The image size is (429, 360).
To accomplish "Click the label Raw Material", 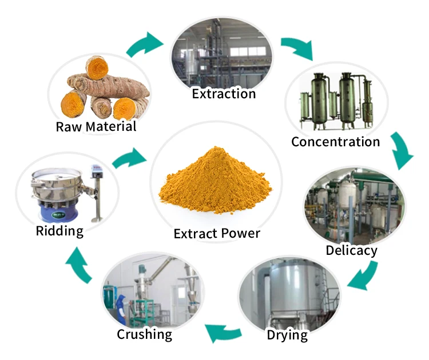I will (96, 126).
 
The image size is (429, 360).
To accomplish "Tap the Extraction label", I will (224, 93).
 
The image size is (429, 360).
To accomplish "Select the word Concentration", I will (335, 141).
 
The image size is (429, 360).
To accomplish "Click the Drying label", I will (287, 334).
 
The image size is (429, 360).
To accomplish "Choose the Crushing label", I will (144, 334).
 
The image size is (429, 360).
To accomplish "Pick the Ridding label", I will (59, 231).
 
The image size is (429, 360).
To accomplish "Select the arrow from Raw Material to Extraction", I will (144, 44).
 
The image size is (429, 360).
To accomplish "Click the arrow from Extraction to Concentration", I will (297, 48).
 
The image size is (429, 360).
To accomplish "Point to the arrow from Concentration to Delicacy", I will (402, 150).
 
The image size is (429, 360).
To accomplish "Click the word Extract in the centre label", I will (193, 233).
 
